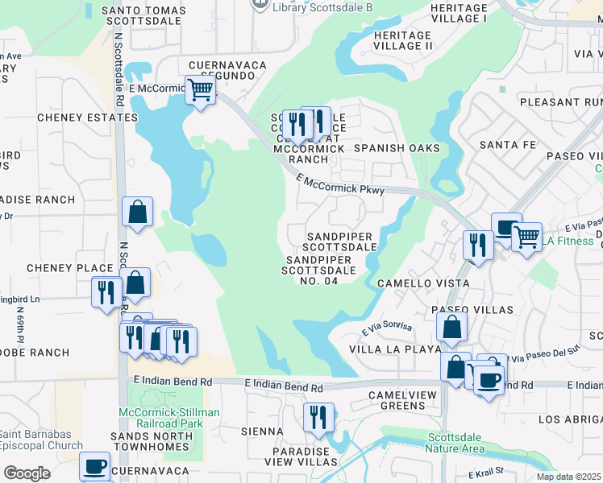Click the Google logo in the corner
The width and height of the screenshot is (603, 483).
point(27,473)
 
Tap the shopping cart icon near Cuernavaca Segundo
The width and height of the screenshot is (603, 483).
point(199,89)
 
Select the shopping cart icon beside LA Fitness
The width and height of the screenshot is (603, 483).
point(526,237)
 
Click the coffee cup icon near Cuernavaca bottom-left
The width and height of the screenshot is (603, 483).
point(94,466)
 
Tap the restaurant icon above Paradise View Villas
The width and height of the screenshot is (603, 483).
point(318,417)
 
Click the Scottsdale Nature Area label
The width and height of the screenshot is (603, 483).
point(455,442)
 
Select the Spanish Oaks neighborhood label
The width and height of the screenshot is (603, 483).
point(397,148)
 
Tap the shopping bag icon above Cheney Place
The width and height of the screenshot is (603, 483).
point(138,213)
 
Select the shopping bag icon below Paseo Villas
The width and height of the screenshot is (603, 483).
point(451,327)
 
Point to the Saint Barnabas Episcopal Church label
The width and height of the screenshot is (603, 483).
point(35,440)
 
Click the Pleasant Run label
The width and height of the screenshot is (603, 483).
point(561,102)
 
